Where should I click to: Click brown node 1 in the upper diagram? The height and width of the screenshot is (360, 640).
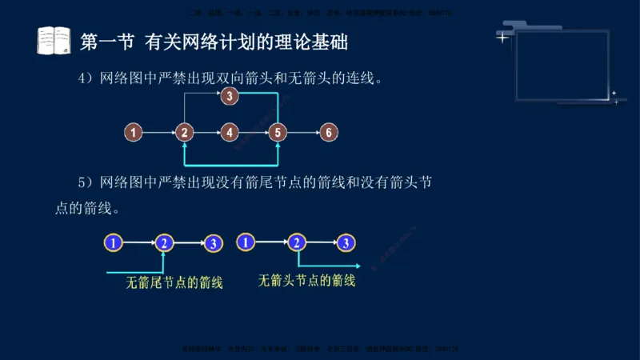click(x=134, y=132)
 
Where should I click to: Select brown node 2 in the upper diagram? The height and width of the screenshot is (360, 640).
click(x=185, y=132)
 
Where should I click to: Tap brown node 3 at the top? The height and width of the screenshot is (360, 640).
click(x=230, y=97)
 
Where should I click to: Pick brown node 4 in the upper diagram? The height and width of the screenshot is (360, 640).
click(x=230, y=132)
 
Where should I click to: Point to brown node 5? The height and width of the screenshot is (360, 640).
click(x=277, y=132)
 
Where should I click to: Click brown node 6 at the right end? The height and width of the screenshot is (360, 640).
click(x=326, y=132)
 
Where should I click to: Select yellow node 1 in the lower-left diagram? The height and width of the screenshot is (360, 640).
click(x=114, y=242)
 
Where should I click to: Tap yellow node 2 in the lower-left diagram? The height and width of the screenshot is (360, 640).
click(x=164, y=242)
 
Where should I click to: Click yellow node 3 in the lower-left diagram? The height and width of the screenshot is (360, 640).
click(x=213, y=242)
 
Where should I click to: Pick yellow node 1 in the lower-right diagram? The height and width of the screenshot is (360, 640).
click(x=246, y=241)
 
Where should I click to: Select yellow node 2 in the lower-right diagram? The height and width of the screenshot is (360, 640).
click(x=297, y=242)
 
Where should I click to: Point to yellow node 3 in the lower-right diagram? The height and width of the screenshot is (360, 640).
click(x=346, y=242)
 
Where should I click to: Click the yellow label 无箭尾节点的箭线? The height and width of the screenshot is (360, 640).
click(x=174, y=282)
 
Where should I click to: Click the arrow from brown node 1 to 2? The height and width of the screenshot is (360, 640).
click(x=159, y=132)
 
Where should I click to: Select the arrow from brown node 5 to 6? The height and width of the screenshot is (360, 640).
click(x=302, y=132)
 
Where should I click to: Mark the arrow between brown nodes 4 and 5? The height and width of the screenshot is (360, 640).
click(x=253, y=132)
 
